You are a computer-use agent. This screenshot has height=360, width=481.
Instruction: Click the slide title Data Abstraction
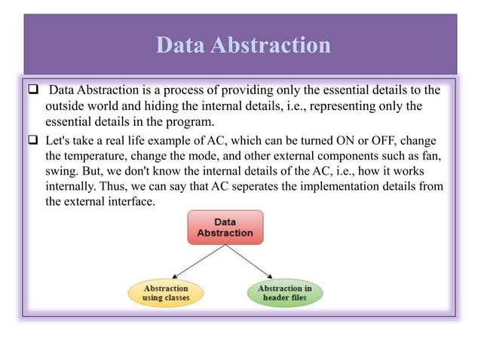(x=243, y=46)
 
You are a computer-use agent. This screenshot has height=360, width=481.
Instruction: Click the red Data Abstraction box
(x=225, y=227)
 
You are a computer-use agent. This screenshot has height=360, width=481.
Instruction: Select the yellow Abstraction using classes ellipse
(x=166, y=293)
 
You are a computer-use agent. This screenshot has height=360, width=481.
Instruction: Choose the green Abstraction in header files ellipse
(x=284, y=293)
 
